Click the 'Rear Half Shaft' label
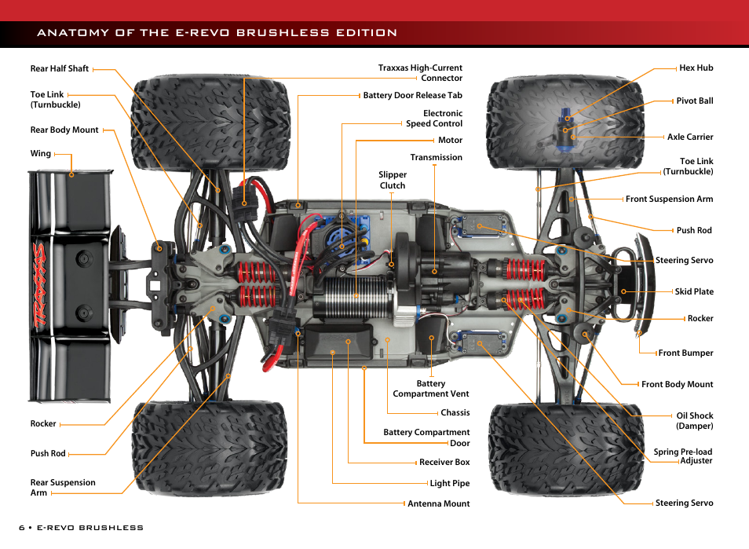(x=60, y=68)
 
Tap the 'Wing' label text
(x=41, y=154)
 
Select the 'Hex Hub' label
(x=696, y=68)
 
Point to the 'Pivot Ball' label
(x=695, y=101)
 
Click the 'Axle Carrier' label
(x=690, y=137)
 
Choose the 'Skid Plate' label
(x=694, y=291)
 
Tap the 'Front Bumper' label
(x=686, y=353)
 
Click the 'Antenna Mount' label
(x=439, y=503)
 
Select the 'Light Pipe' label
(x=450, y=484)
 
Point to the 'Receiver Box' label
(x=444, y=463)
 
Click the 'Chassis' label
(x=455, y=412)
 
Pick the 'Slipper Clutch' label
(x=393, y=180)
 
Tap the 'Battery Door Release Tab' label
(x=412, y=96)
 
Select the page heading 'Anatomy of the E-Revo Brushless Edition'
(x=217, y=33)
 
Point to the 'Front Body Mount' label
(x=678, y=385)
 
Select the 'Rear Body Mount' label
(x=64, y=130)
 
